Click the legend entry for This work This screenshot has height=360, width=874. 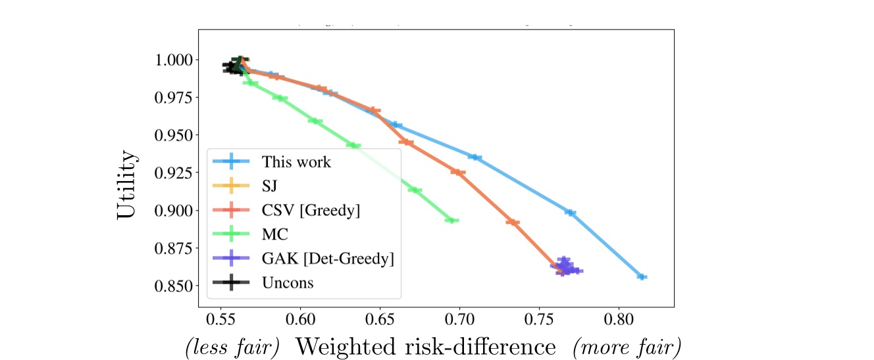click(x=296, y=162)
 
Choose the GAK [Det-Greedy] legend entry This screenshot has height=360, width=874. click(x=327, y=259)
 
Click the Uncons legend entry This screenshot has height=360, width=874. click(x=288, y=283)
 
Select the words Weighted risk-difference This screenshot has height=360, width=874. click(x=425, y=346)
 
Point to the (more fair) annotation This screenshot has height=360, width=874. click(x=627, y=347)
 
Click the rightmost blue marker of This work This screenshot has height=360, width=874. click(x=642, y=277)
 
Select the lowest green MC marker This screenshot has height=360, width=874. click(x=451, y=220)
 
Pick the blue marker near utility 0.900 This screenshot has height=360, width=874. click(x=570, y=213)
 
